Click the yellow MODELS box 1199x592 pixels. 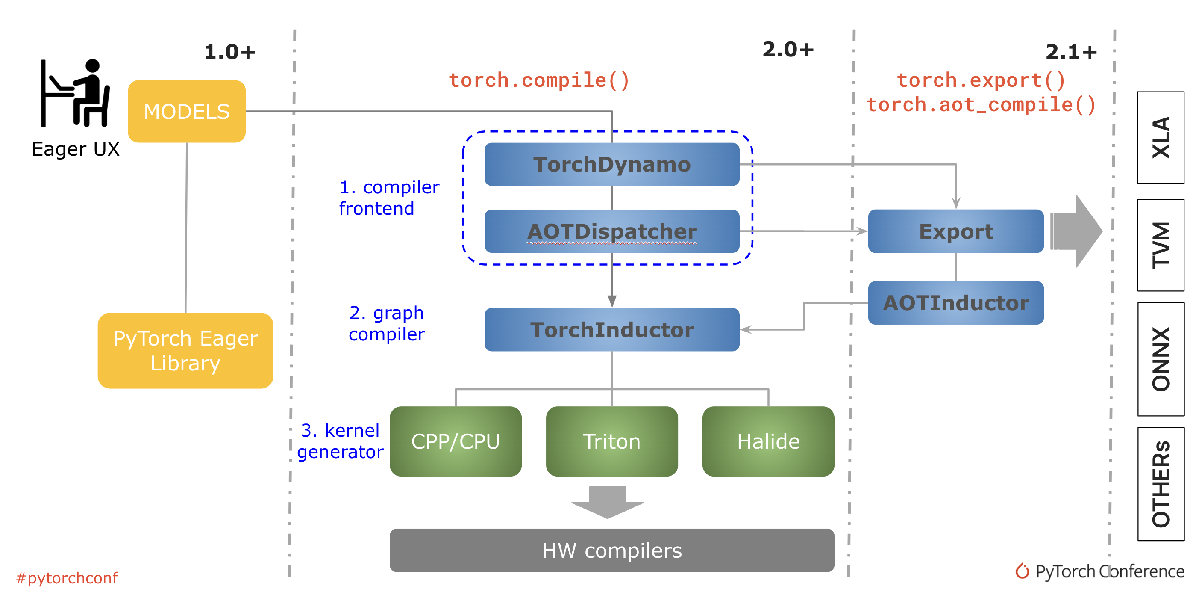[187, 111]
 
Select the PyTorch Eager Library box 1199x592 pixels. [185, 350]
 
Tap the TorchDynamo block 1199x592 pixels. [611, 164]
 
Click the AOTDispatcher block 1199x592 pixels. [611, 231]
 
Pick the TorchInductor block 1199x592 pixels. [611, 329]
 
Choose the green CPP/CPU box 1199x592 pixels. [455, 441]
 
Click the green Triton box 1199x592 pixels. [611, 441]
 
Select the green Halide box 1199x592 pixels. [768, 441]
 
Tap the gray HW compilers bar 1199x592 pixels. [611, 550]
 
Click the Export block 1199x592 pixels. [955, 231]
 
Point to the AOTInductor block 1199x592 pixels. [955, 303]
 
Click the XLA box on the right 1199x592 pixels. [1161, 137]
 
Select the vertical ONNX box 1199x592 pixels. [1161, 358]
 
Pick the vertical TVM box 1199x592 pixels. [1161, 245]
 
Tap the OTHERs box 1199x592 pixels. [1161, 484]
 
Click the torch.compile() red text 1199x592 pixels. [538, 80]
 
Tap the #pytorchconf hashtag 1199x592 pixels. [67, 578]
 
